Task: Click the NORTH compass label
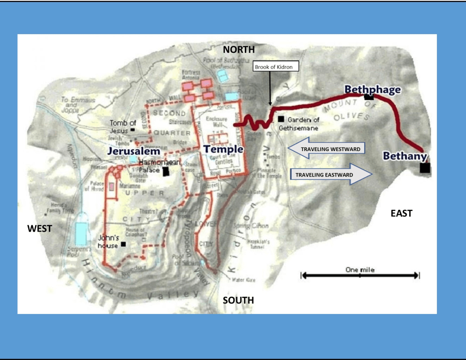(238, 50)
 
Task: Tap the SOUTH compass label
(238, 300)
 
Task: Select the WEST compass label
(40, 228)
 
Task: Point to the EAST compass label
(401, 213)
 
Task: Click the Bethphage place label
(372, 89)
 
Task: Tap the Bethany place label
(405, 156)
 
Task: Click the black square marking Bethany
(425, 168)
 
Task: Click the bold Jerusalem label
(133, 151)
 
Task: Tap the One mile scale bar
(360, 274)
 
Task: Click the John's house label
(108, 241)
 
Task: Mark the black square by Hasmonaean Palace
(166, 171)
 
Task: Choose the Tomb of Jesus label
(123, 126)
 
